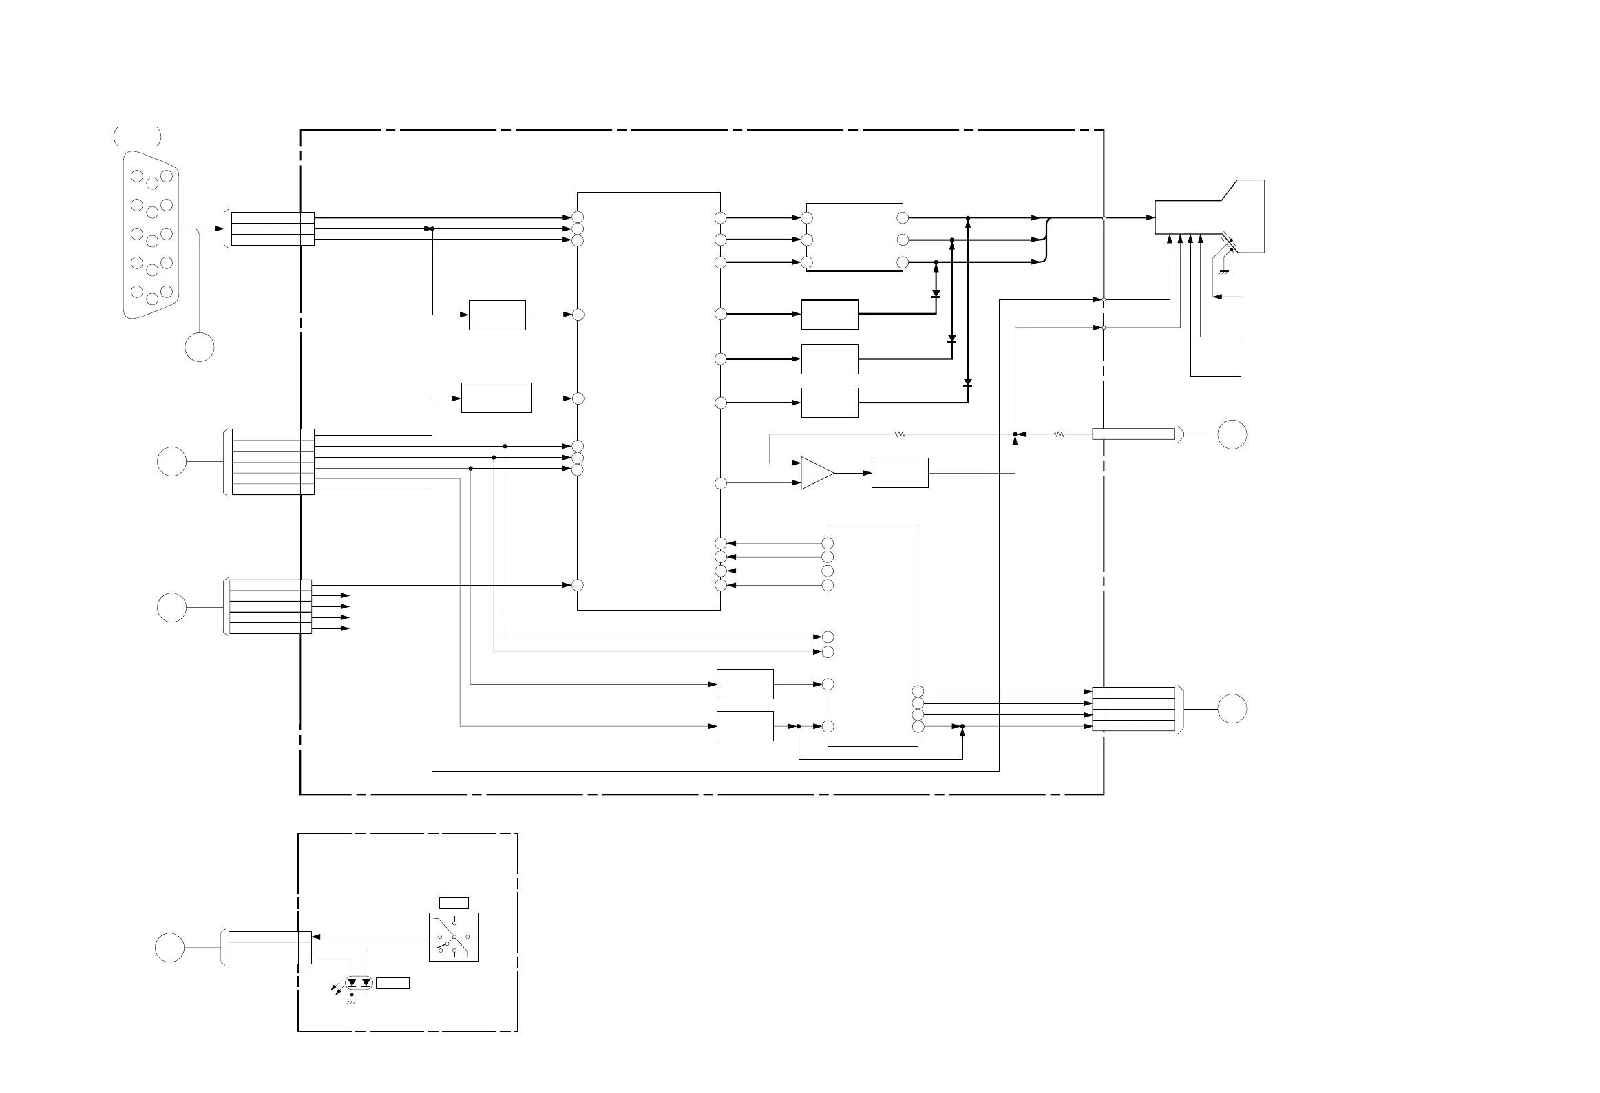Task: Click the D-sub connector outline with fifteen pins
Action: point(151,235)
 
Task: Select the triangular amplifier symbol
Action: point(817,473)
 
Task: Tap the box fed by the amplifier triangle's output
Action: point(899,473)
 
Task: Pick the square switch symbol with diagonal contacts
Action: point(454,937)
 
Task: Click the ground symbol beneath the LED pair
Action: point(352,1001)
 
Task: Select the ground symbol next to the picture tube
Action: point(1223,273)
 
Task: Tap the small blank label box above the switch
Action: point(454,902)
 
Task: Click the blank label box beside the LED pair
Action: point(392,983)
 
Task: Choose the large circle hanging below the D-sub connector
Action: point(200,347)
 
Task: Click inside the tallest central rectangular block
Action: point(649,401)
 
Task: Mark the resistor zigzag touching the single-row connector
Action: point(1060,434)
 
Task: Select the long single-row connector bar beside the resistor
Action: point(1133,434)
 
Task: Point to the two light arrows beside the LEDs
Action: point(336,989)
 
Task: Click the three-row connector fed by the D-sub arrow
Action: point(273,229)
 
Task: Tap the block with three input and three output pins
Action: point(854,237)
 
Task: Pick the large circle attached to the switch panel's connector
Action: point(169,947)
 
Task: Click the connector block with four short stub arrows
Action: point(270,606)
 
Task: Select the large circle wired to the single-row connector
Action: point(1232,434)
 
